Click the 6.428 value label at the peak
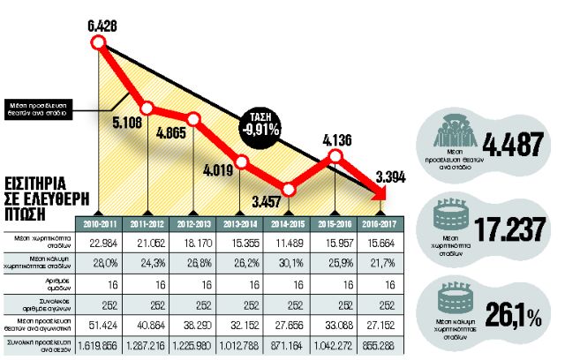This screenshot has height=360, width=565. (x=103, y=11)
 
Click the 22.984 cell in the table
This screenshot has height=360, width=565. (x=100, y=243)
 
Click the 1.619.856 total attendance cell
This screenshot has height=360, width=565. (x=100, y=344)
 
